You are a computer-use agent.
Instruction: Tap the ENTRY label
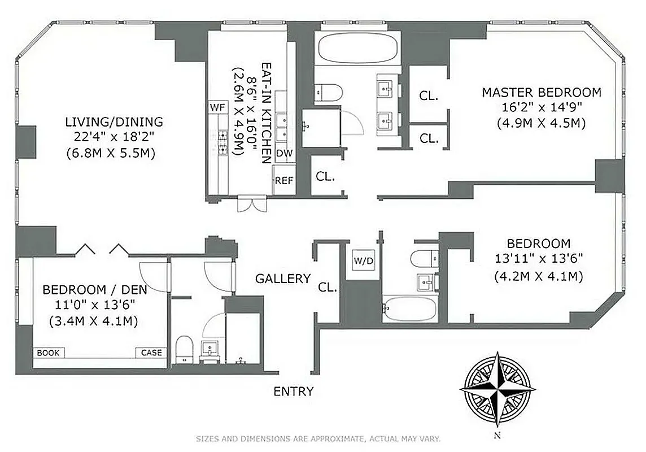point(293,392)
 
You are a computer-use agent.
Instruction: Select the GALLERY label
point(283,279)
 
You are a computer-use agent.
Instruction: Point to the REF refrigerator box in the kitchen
point(284,181)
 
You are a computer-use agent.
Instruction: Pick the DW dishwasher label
point(284,153)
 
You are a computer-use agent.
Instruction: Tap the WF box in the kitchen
point(217,107)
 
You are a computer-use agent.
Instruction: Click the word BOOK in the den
point(49,353)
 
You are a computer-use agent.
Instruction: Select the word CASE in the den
point(151,353)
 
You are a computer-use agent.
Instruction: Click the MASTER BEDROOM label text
point(541,92)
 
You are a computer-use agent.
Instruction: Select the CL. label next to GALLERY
point(328,287)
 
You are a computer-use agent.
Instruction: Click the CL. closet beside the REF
point(325,176)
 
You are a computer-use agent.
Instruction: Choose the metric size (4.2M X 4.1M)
point(538,277)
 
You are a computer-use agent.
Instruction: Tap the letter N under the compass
point(497,435)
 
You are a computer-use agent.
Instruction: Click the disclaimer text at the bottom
point(318,438)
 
